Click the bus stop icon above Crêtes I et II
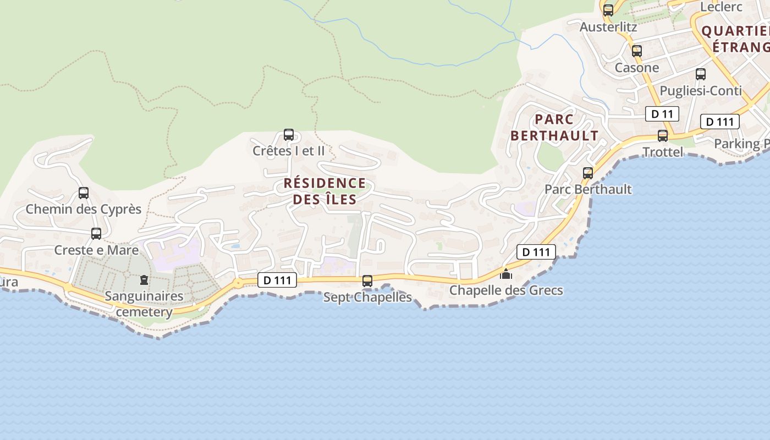(288, 134)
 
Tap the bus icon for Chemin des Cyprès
(84, 193)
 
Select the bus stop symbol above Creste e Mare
(96, 234)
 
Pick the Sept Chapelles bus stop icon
(367, 281)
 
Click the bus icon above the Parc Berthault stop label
(588, 173)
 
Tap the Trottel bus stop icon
(663, 136)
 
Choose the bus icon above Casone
(637, 51)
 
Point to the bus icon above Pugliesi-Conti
(701, 74)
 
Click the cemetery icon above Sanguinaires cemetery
(144, 280)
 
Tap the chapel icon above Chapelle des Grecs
(506, 273)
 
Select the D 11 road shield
(662, 114)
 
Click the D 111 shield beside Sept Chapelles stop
(277, 280)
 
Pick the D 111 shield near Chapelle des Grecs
(536, 252)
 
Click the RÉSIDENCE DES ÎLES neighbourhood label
(324, 191)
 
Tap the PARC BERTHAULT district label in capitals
(554, 127)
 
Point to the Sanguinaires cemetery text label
(144, 304)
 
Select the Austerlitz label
(608, 26)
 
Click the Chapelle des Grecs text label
(506, 290)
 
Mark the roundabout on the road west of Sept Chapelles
(238, 283)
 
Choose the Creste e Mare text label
(96, 250)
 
